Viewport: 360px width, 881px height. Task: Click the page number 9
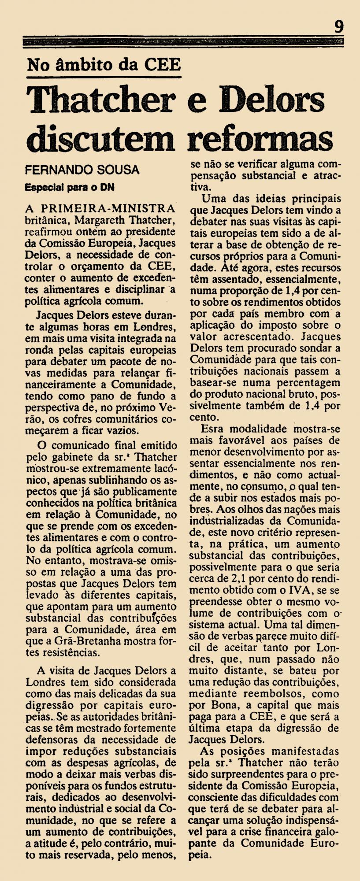tap(339, 27)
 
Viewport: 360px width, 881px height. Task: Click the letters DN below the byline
tap(107, 186)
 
